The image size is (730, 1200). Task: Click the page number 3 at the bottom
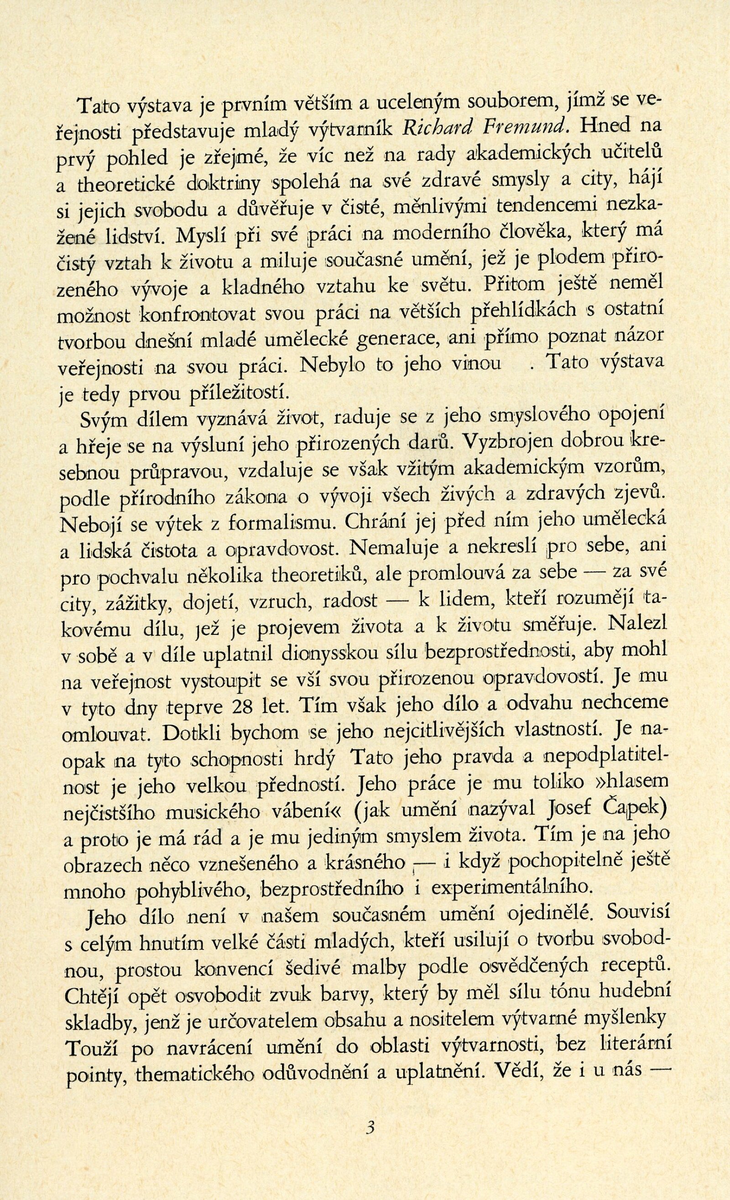371,1139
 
